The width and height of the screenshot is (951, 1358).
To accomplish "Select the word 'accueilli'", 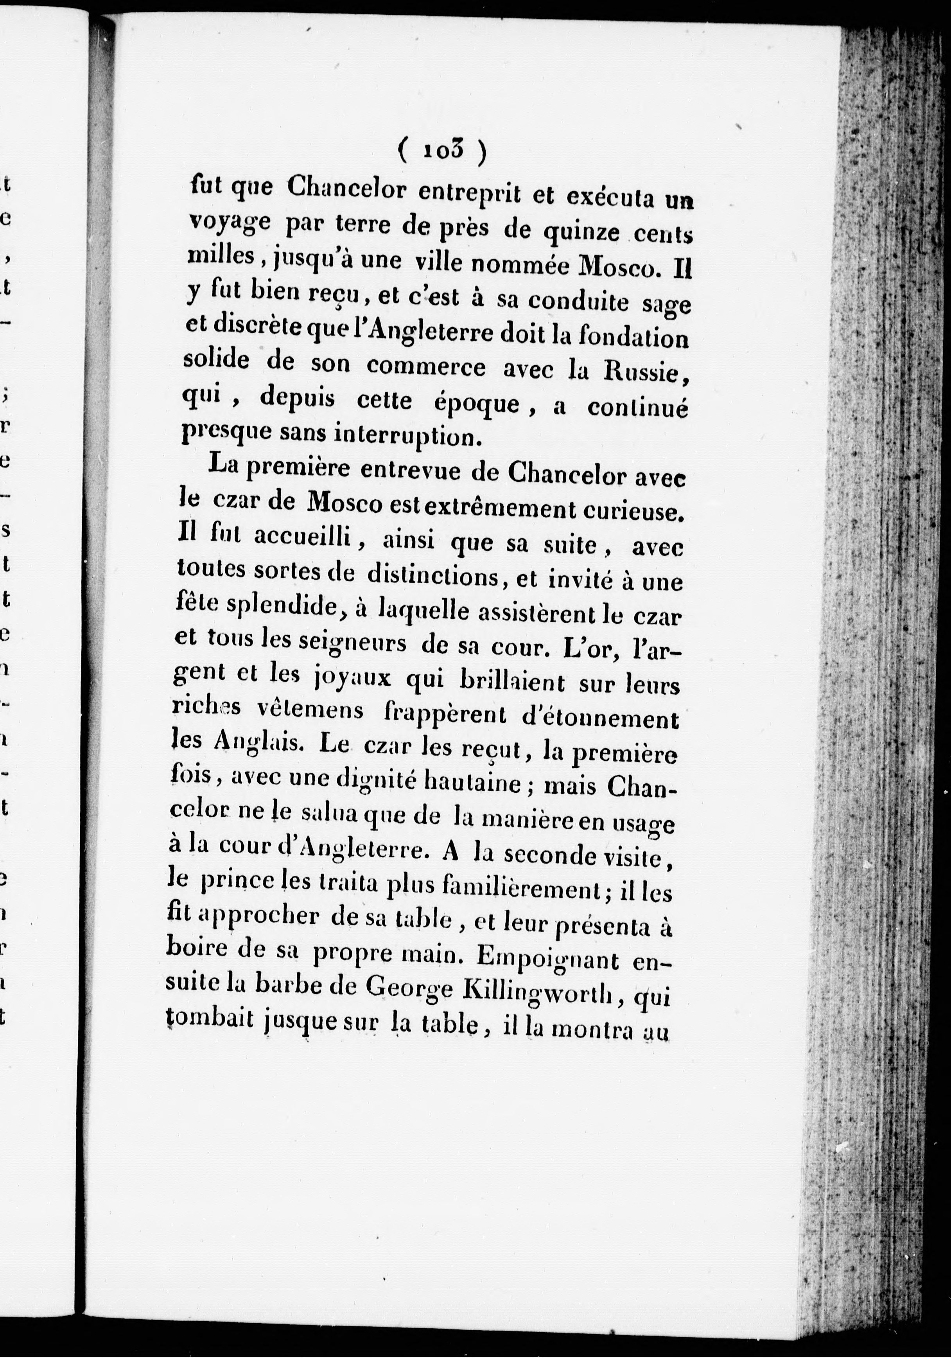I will [303, 539].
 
